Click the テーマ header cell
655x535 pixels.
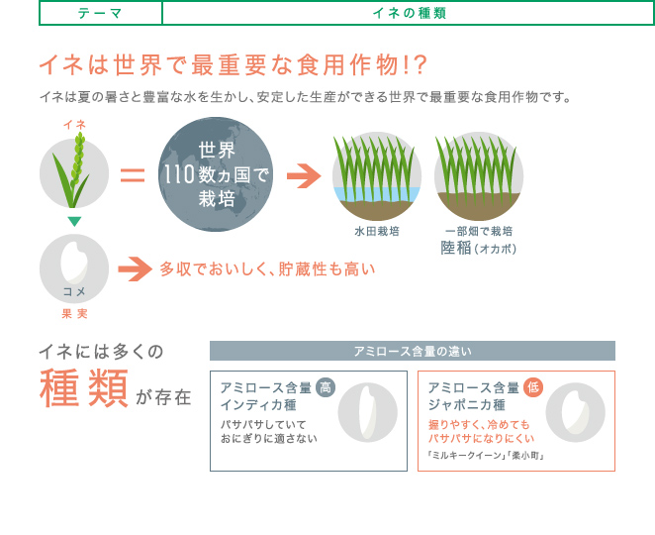101,14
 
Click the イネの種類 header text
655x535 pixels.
409,14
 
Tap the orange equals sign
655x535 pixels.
133,175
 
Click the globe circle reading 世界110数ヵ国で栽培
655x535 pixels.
216,174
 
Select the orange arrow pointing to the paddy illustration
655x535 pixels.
304,176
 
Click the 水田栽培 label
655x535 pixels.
377,231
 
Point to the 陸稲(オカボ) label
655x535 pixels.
479,248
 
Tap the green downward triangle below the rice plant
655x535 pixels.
74,221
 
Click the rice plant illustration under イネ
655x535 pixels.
73,169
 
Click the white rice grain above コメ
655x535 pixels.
74,263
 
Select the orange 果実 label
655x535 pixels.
74,314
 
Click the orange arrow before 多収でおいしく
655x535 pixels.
135,268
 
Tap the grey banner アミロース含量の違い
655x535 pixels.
413,351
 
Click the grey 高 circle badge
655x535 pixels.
326,387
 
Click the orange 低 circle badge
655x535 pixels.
533,387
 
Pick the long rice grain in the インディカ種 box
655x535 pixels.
368,412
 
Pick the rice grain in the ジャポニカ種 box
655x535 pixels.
575,412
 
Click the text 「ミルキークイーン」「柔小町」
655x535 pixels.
486,455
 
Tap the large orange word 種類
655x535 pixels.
84,388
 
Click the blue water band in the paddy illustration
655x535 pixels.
377,194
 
